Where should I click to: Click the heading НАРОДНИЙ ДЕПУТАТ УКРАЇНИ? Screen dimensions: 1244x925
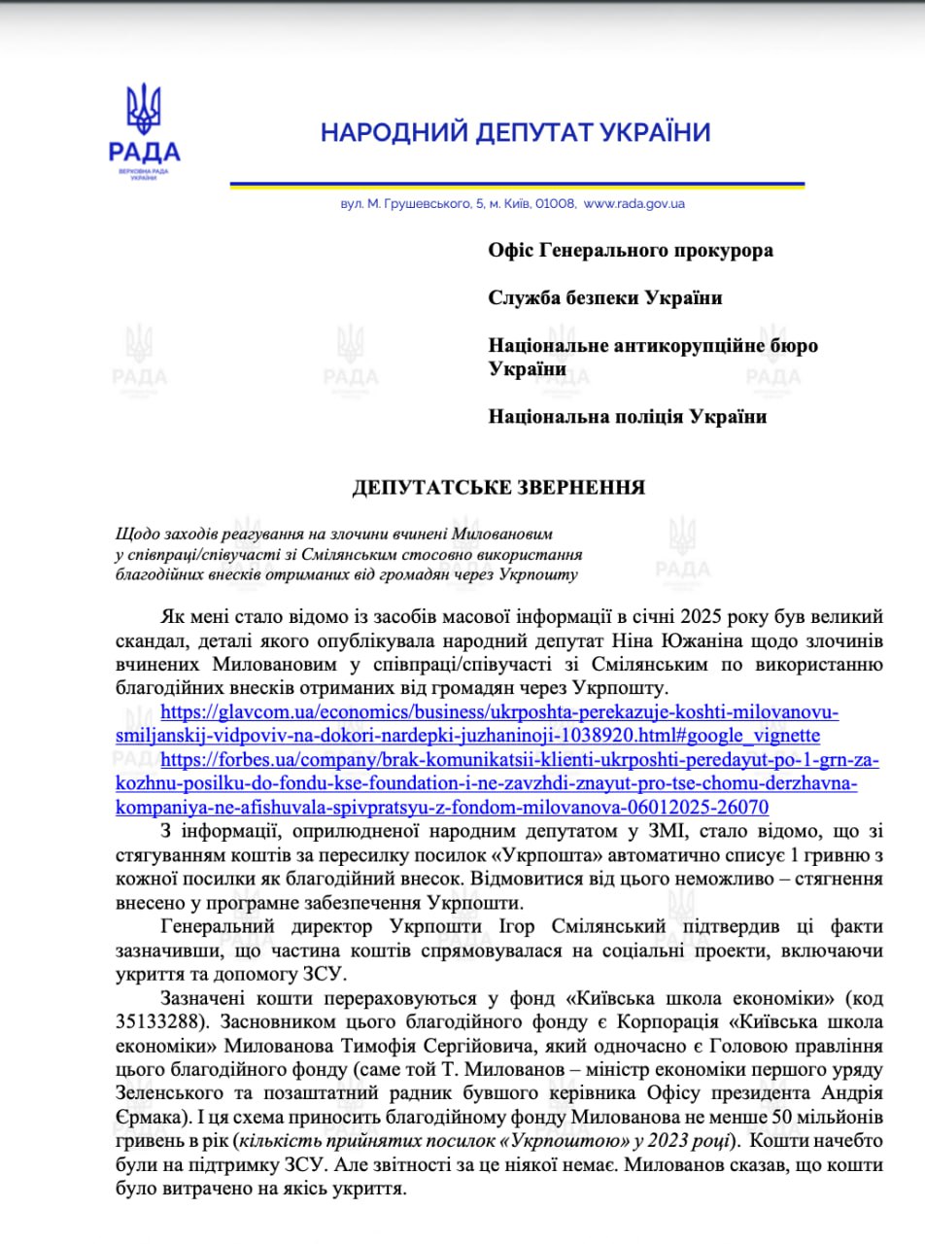pyautogui.click(x=516, y=132)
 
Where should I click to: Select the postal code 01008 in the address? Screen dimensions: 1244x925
pyautogui.click(x=558, y=204)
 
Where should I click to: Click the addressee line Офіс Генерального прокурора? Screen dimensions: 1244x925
pyautogui.click(x=631, y=251)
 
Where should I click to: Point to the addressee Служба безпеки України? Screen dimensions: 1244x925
pyautogui.click(x=604, y=298)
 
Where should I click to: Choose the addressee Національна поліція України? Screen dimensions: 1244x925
pyautogui.click(x=627, y=417)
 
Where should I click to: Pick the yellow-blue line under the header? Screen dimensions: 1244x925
pyautogui.click(x=516, y=184)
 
